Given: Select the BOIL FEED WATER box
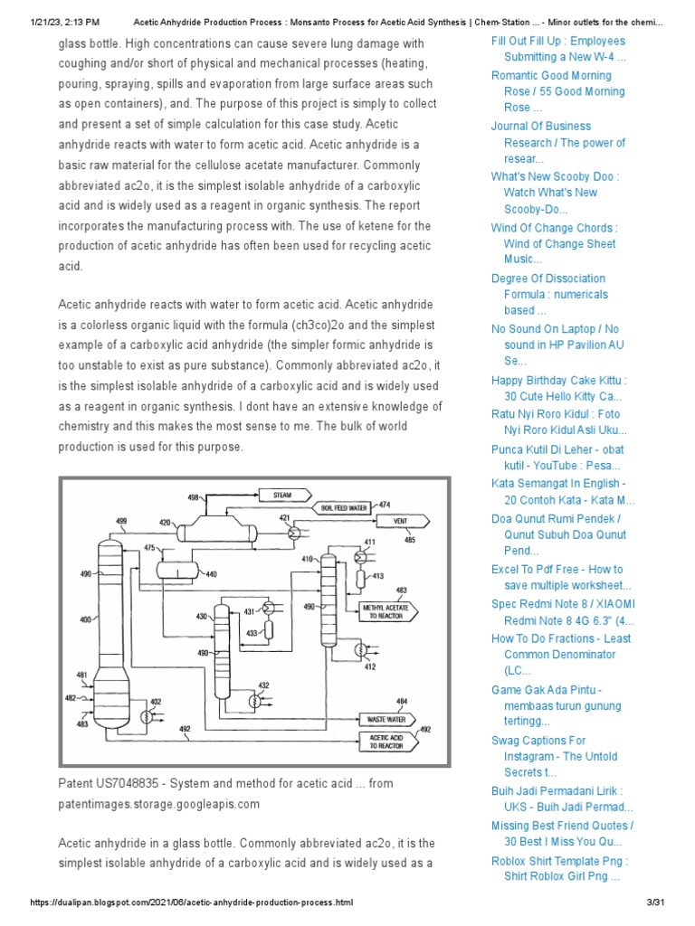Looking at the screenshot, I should tap(344, 508).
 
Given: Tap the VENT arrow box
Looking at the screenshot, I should tap(399, 522).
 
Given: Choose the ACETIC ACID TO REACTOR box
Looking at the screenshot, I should tap(387, 742).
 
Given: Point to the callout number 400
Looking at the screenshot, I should tap(85, 619).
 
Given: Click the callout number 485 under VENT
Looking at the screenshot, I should tap(410, 540).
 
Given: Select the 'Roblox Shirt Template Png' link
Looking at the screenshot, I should tap(559, 868).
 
